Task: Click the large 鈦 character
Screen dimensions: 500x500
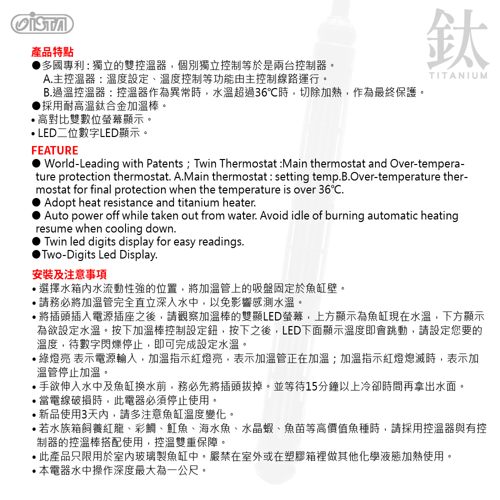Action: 457,38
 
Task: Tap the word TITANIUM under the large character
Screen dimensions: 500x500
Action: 457,76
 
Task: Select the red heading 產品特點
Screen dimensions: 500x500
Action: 52,52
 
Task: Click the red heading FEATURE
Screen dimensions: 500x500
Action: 54,150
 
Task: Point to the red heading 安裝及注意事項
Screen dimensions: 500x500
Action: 69,274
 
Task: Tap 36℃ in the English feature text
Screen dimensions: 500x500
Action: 330,190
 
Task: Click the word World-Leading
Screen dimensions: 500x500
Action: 80,164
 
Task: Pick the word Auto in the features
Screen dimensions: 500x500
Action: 56,216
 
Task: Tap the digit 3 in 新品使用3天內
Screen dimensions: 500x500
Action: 84,414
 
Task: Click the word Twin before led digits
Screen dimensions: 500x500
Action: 56,242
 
